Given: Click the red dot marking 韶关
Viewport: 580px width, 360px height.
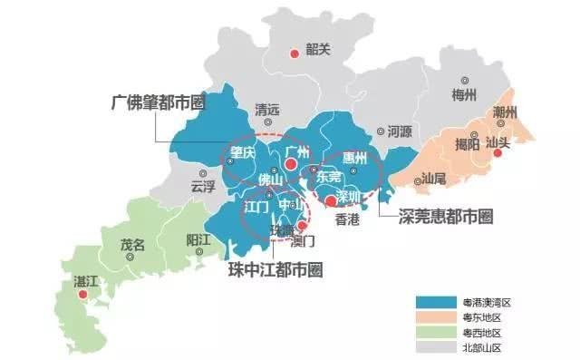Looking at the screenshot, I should tap(294, 54).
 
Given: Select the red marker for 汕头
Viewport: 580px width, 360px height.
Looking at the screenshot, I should tap(496, 155).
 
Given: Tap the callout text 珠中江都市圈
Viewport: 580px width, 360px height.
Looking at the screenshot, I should tap(274, 269).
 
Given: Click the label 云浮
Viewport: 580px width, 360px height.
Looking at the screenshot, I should tap(204, 185).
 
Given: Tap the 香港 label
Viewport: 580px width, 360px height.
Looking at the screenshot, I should tap(347, 219).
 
